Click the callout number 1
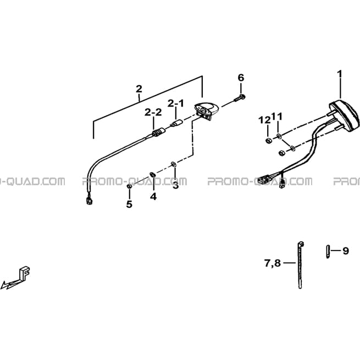pos(339,74)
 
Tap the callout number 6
pos(241,78)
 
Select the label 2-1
pos(176,103)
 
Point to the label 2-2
pos(153,113)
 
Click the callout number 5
pos(129,204)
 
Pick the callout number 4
pos(153,197)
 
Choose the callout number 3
pos(176,186)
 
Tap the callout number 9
pos(346,251)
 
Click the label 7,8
pos(273,263)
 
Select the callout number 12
pos(264,120)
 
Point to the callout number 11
pos(277,117)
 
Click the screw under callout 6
pos(239,98)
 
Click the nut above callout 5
pos(129,186)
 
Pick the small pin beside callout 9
pos(328,252)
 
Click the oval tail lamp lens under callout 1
pos(344,116)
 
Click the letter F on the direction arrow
pos(25,273)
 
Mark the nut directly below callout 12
pos(268,141)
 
